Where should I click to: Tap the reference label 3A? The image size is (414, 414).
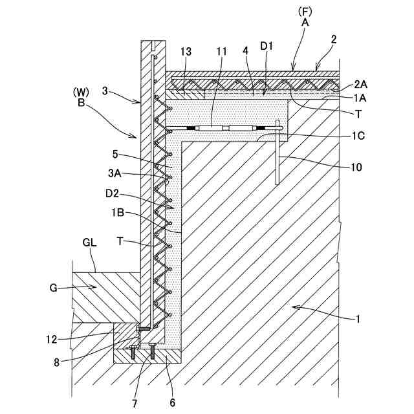(114, 174)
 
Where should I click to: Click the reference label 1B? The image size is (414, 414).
(118, 212)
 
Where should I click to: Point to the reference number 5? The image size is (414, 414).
(116, 155)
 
